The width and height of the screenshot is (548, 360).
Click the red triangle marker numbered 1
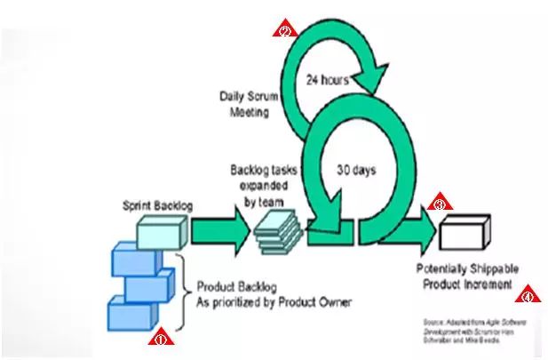[x=161, y=338]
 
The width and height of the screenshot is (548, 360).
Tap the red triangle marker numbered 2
[x=283, y=30]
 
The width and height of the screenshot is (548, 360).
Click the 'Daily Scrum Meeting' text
[x=250, y=102]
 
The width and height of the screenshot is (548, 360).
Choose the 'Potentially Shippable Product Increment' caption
[x=466, y=276]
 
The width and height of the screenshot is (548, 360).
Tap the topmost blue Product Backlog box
[x=133, y=260]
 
